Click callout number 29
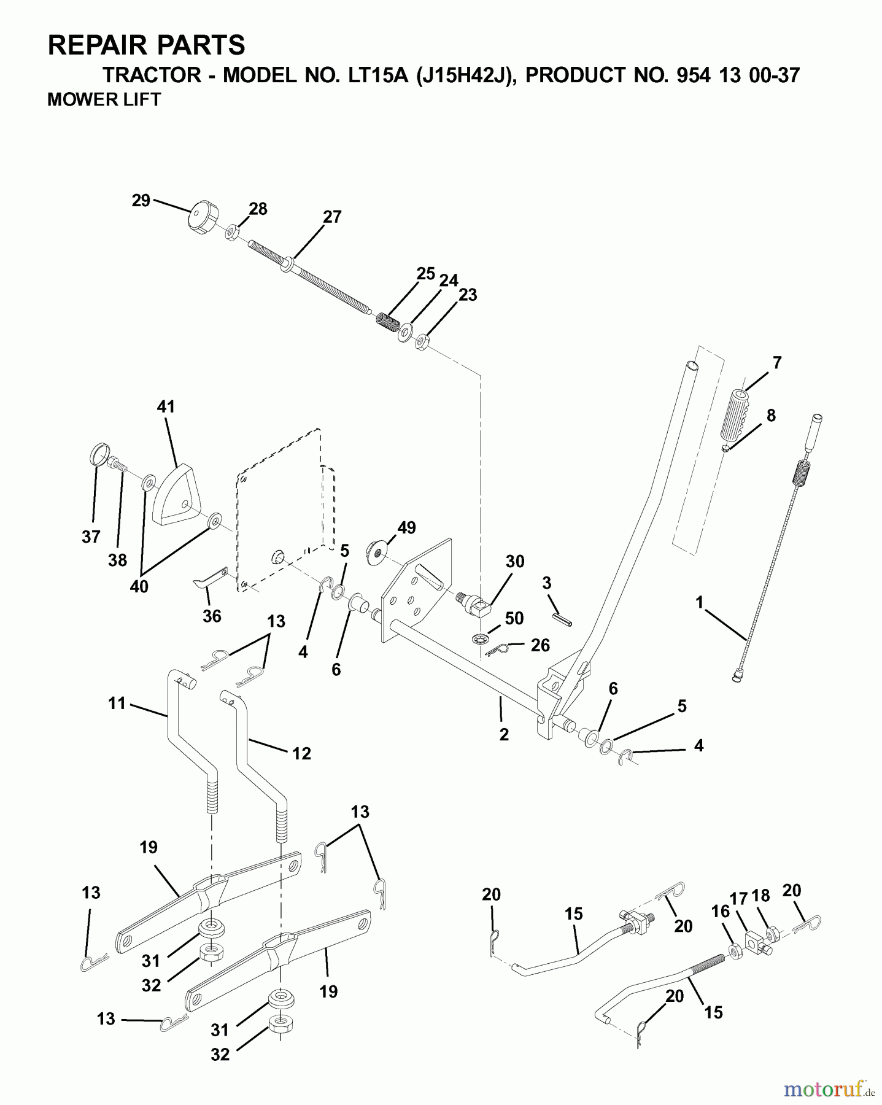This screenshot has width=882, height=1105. click(x=141, y=201)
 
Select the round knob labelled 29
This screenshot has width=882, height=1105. click(x=201, y=220)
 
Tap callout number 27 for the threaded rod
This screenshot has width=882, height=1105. click(x=331, y=217)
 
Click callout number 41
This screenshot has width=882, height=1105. click(x=166, y=406)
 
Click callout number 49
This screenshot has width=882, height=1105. click(x=406, y=528)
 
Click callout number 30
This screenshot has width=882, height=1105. click(x=515, y=561)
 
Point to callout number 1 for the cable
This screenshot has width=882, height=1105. click(x=699, y=602)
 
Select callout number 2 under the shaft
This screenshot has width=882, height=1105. click(x=504, y=734)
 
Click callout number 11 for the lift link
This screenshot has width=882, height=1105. click(x=117, y=703)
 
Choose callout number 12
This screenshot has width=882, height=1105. click(x=301, y=753)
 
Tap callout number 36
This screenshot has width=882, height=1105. click(x=212, y=616)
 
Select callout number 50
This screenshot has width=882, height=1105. click(x=514, y=618)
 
